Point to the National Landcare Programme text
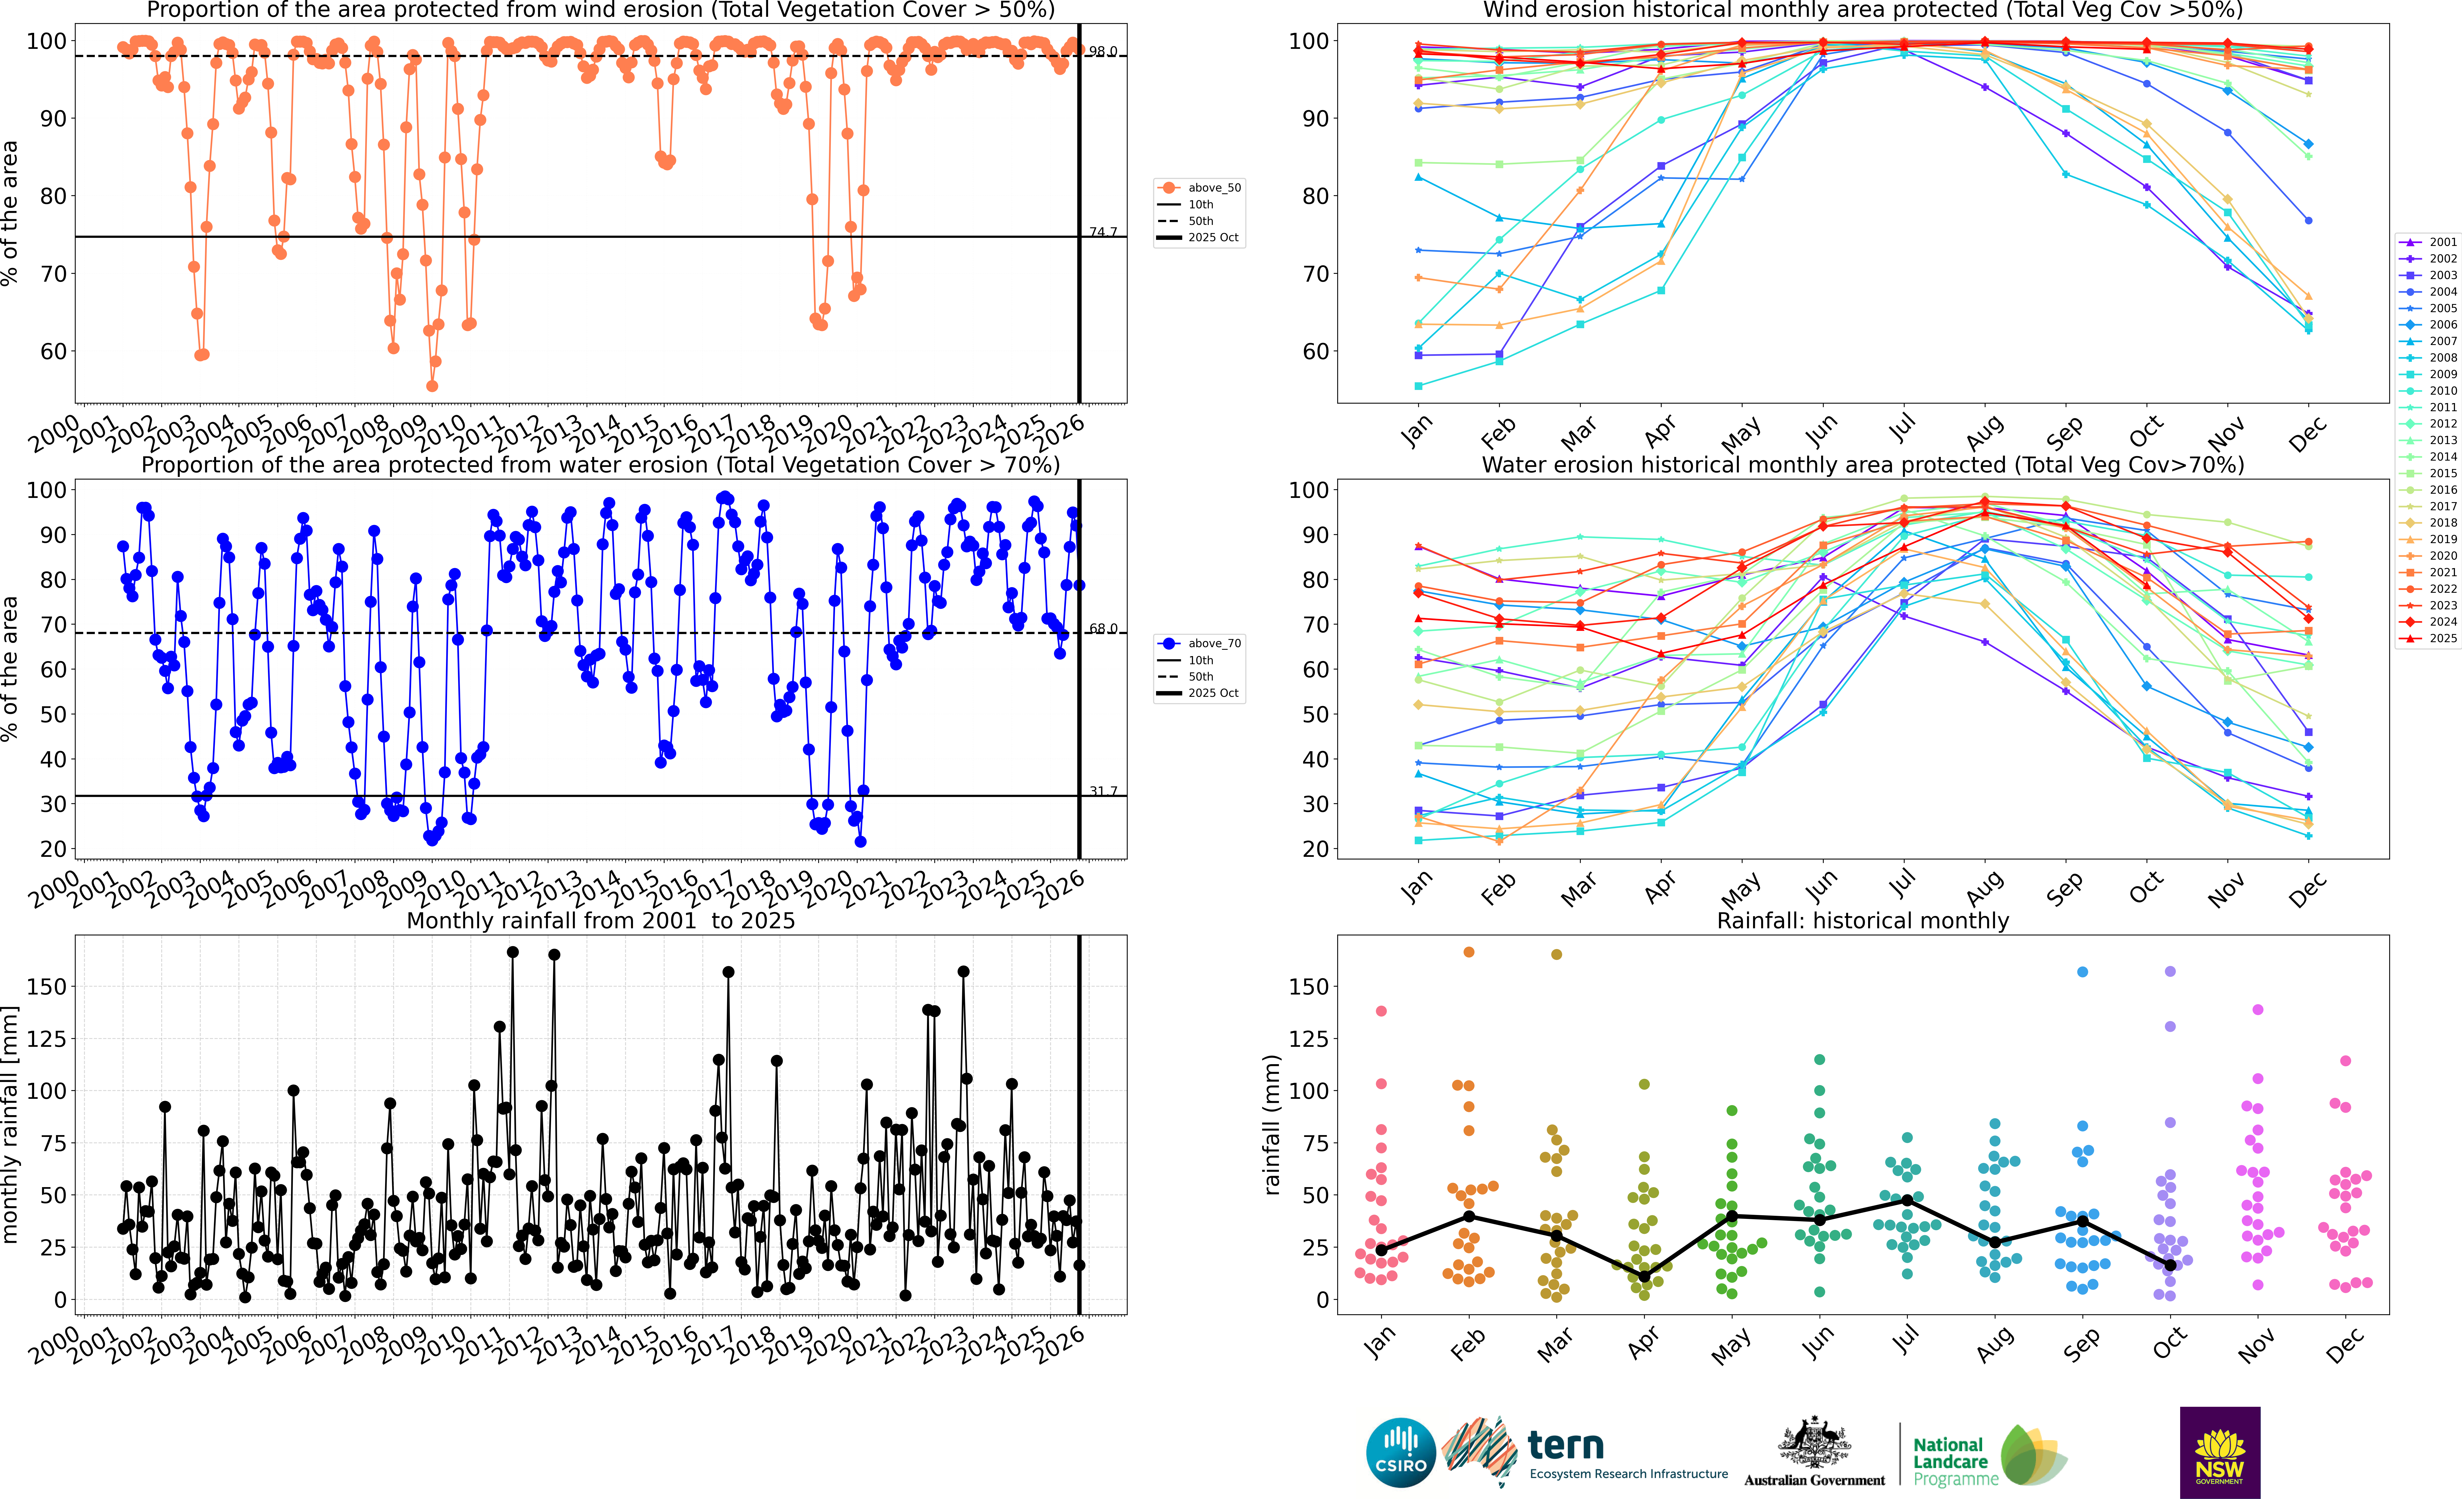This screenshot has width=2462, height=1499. [x=1955, y=1461]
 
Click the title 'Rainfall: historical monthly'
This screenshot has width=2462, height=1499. [x=1863, y=920]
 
